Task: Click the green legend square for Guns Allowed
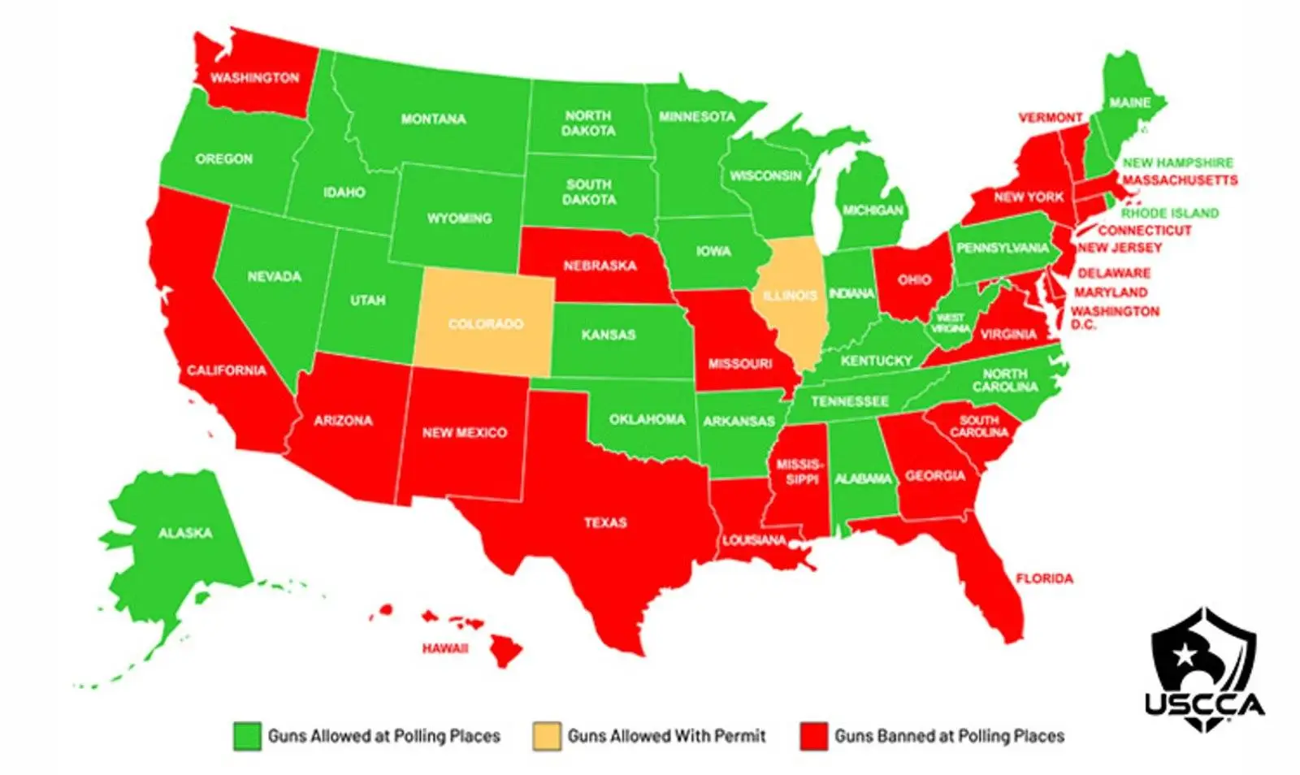[247, 736]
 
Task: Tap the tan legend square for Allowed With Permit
[546, 736]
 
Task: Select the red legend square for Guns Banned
[813, 736]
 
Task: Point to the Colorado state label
[486, 324]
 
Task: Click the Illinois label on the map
[790, 296]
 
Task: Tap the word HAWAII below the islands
[445, 648]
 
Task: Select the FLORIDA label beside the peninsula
[1044, 578]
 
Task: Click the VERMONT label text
[1051, 118]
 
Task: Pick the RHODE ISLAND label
[1170, 214]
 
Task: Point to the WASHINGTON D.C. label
[1114, 318]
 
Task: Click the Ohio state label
[914, 280]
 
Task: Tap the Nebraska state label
[600, 266]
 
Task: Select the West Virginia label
[951, 323]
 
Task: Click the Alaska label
[185, 533]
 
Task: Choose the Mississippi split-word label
[799, 472]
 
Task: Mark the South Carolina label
[978, 426]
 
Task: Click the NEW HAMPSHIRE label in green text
[1177, 163]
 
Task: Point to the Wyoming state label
[459, 219]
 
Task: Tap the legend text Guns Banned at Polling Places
[949, 736]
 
